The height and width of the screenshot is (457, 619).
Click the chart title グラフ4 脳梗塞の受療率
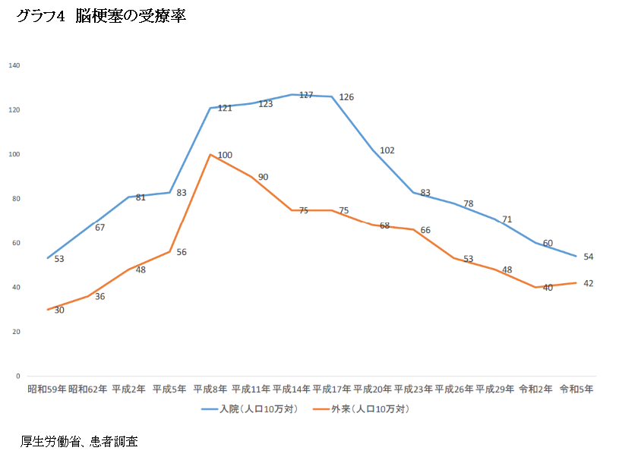(101, 17)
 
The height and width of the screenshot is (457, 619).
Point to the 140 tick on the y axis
(14, 66)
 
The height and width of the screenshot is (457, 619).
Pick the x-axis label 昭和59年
(47, 389)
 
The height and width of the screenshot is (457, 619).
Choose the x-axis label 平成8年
(210, 389)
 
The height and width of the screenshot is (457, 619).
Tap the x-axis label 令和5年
(576, 389)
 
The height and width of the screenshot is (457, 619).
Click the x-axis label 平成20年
(373, 389)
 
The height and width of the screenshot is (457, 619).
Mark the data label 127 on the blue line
(306, 95)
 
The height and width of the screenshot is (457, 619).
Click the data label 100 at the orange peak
(225, 155)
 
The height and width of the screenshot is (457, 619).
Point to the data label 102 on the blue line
(387, 150)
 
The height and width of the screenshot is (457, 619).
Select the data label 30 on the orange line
(59, 310)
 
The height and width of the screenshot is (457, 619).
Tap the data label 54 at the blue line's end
(588, 257)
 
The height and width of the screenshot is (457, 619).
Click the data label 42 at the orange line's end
(588, 283)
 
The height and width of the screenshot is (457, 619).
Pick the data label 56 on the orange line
(182, 252)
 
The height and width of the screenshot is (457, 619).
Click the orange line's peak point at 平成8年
(210, 154)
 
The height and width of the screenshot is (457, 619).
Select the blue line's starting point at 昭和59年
(47, 258)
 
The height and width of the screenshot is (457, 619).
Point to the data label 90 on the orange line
(264, 177)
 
